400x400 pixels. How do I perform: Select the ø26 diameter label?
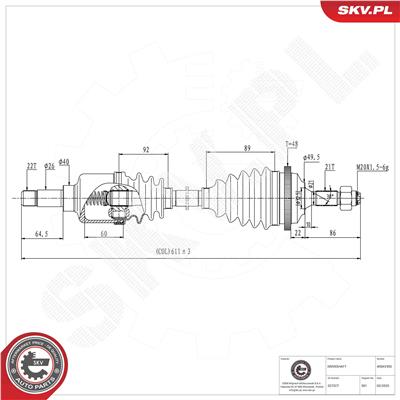click(x=49, y=166)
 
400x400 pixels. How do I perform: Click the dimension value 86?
click(x=331, y=233)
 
